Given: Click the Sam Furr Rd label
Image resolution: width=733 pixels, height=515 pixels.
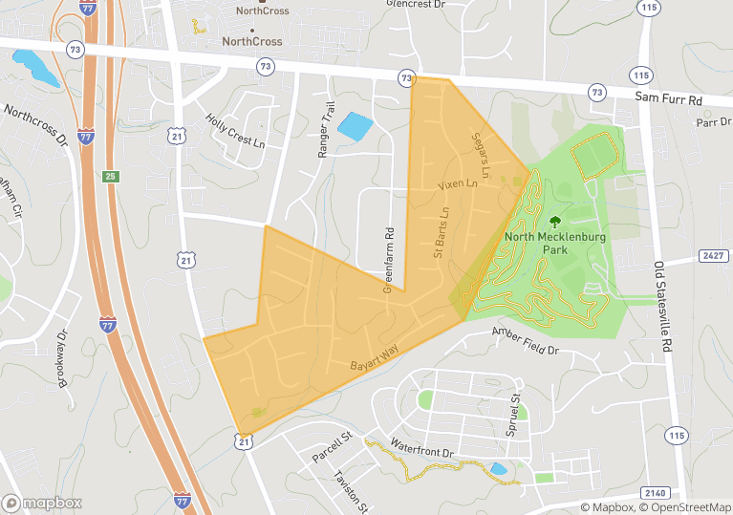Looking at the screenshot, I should tap(668, 99).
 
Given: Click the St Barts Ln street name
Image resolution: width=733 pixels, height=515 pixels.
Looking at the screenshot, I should tap(441, 233).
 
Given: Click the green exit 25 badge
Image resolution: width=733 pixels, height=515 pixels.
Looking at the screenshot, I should tap(110, 177).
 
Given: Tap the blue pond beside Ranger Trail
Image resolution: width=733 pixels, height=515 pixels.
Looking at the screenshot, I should tap(353, 126).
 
